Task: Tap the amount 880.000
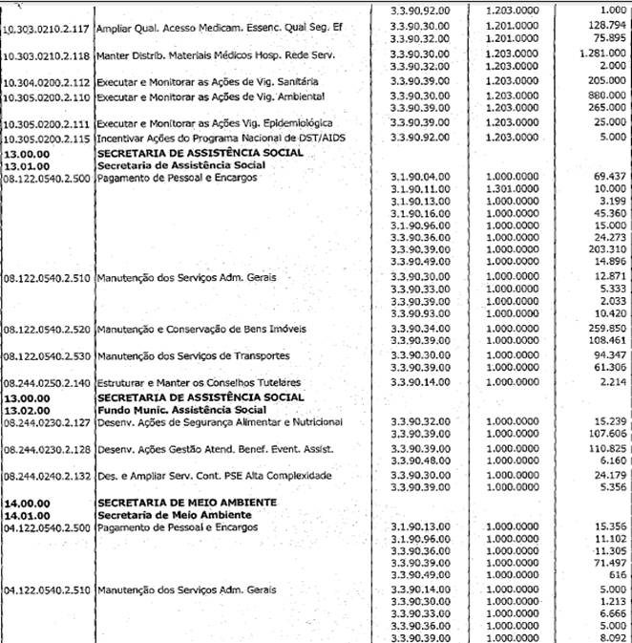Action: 603,96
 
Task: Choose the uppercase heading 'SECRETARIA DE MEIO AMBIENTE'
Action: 187,502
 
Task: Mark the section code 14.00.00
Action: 28,502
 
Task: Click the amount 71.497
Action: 607,566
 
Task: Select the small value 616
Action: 617,577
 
